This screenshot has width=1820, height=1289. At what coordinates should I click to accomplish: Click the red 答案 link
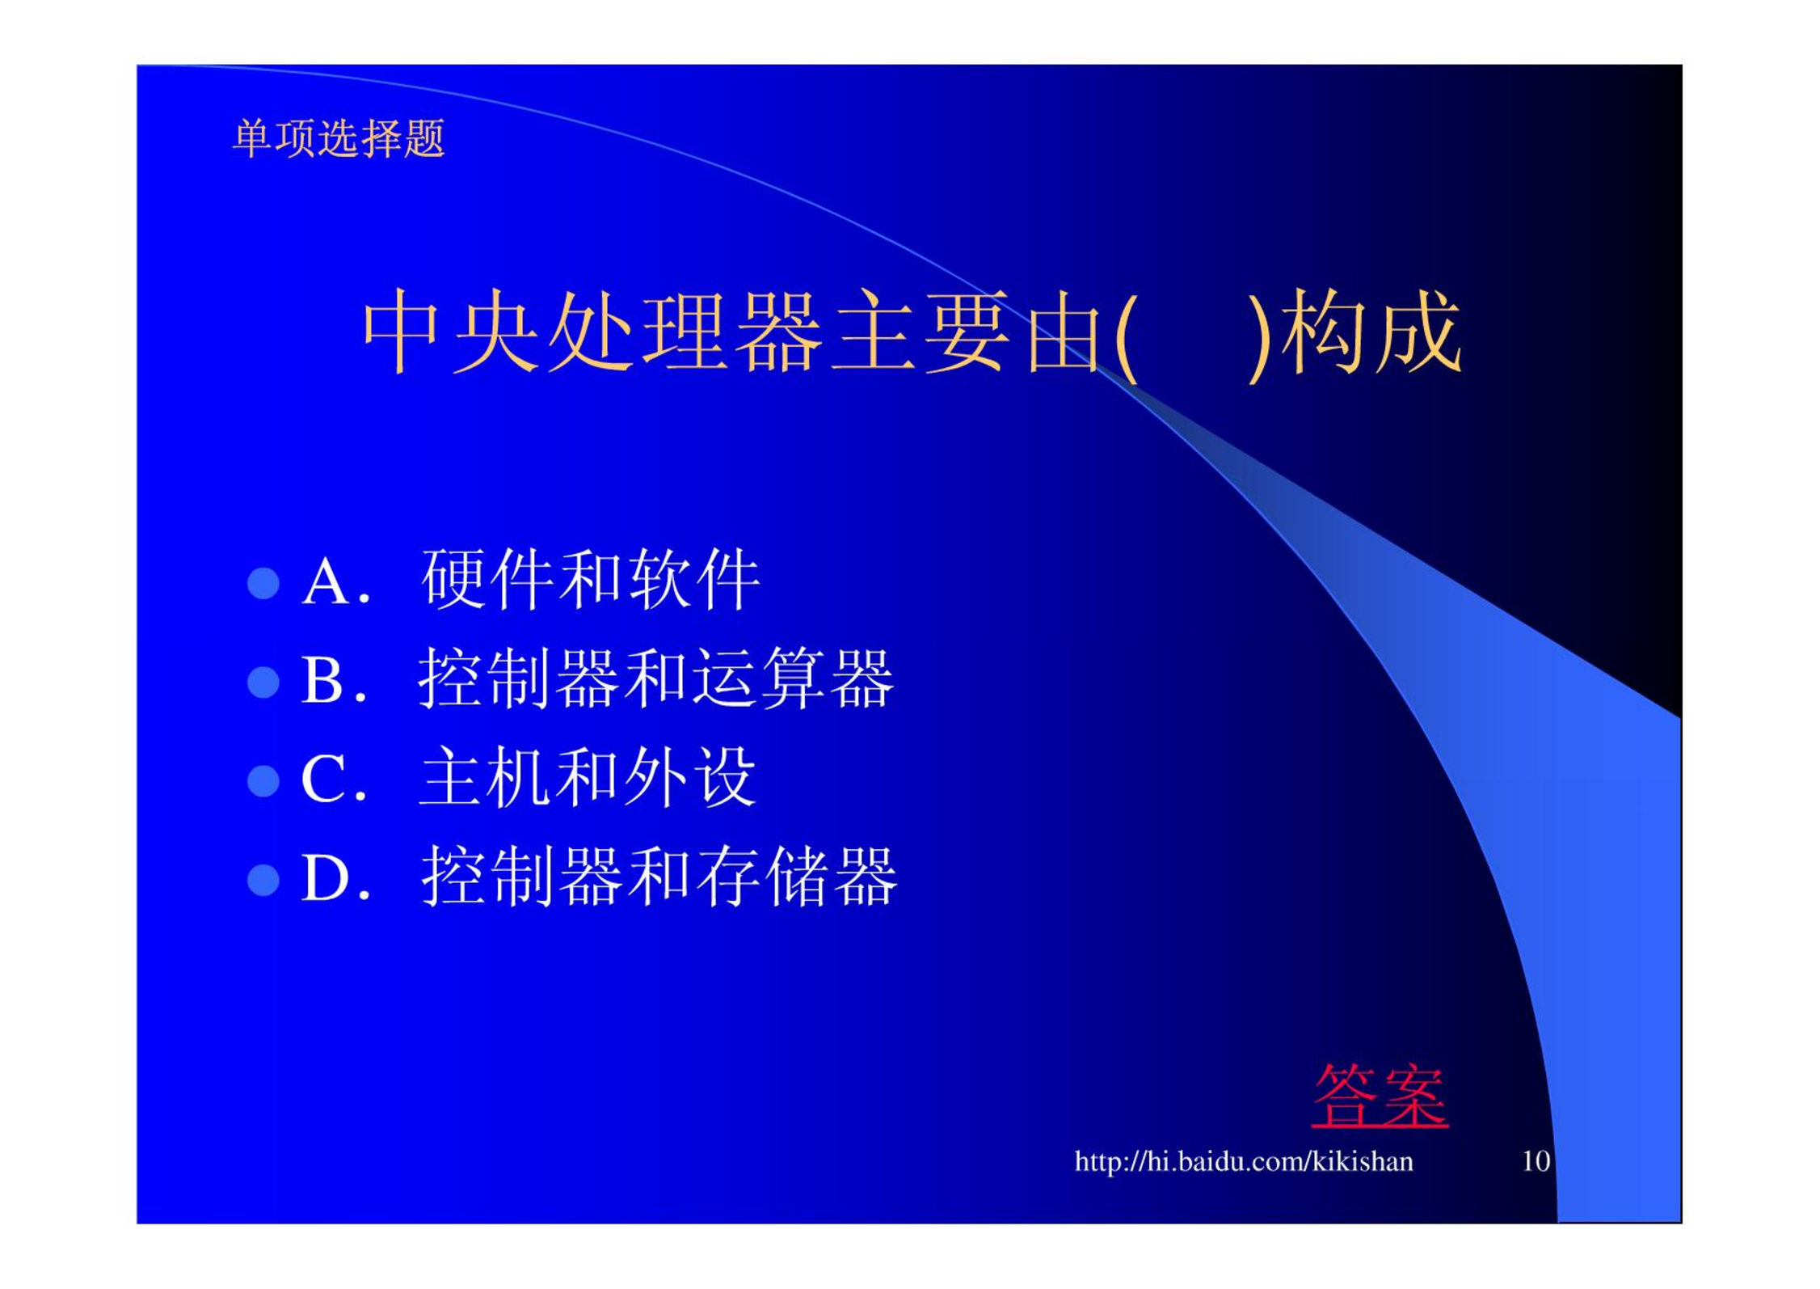point(1379,1096)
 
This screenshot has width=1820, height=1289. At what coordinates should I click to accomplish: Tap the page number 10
point(1536,1161)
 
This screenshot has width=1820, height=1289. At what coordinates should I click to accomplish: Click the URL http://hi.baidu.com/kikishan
point(1244,1161)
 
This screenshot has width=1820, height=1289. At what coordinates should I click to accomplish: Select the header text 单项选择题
point(339,138)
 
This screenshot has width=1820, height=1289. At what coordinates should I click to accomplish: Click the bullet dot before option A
point(263,583)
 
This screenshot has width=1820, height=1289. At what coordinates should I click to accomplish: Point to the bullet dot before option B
point(263,682)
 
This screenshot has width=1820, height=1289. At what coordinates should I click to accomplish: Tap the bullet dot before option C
point(263,781)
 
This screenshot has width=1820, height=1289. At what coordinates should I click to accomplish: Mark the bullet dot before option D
point(263,880)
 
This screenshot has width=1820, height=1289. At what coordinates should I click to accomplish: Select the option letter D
point(326,878)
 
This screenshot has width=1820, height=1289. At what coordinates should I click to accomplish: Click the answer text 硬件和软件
point(591,579)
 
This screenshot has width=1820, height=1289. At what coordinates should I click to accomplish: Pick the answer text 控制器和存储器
point(659,877)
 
